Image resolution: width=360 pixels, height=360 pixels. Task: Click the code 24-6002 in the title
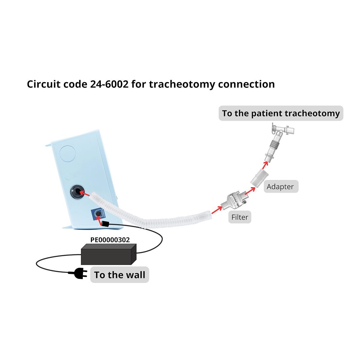pos(109,84)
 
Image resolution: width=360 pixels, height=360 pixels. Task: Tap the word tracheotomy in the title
pos(182,84)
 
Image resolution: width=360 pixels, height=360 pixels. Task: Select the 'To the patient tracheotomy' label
pos(281,113)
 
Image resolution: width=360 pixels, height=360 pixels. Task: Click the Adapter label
pos(281,186)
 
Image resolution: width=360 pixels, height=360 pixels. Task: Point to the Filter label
pos(240,217)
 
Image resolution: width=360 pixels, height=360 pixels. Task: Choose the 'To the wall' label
pos(120,274)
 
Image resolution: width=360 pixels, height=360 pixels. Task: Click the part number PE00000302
pos(110,240)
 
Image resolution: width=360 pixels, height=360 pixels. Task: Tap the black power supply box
pos(109,254)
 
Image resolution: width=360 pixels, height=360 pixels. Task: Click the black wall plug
pos(80,274)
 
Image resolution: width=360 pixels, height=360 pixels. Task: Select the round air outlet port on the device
pos(76,193)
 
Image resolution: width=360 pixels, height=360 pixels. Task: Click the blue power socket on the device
pos(98,214)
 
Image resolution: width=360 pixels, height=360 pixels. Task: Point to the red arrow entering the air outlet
pos(85,193)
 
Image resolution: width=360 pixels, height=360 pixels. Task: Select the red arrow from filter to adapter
pos(250,191)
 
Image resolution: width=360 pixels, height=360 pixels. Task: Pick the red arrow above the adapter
pos(265,165)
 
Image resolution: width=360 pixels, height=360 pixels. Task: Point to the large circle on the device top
pos(67,154)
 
